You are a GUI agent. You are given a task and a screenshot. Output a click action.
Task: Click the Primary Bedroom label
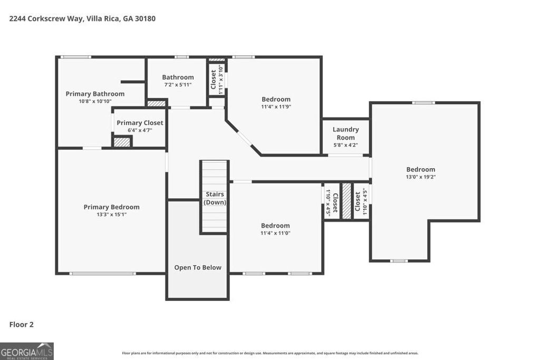[111, 207]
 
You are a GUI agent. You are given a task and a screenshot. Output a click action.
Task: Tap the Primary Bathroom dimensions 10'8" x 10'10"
[95, 101]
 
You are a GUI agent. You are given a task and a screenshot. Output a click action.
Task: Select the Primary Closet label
[140, 123]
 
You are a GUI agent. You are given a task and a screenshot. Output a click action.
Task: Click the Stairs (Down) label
[215, 198]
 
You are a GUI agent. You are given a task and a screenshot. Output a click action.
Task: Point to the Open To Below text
[198, 268]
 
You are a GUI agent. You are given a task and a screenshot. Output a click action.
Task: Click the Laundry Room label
[345, 133]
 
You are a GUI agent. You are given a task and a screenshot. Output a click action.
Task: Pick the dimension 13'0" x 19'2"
[420, 177]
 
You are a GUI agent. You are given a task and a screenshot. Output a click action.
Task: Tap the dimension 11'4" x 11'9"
[276, 106]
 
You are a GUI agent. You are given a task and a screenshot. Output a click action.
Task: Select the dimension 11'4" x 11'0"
[275, 233]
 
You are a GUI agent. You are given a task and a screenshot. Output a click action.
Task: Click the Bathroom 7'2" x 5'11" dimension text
[178, 84]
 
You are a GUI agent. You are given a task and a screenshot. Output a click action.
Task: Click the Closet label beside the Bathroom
[214, 80]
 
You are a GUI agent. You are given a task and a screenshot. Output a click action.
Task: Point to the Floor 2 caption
[22, 325]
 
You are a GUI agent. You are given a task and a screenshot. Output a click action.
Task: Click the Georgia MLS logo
[26, 351]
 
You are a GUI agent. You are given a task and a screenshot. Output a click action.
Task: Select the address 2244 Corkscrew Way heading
[82, 18]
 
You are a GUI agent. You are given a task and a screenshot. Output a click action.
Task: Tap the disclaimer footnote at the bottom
[270, 353]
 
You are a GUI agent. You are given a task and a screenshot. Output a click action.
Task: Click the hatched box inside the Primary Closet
[122, 142]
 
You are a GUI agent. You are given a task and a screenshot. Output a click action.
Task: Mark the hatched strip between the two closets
[346, 201]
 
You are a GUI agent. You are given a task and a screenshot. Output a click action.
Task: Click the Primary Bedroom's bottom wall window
[103, 273]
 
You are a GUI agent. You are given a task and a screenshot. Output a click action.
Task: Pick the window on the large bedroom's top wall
[423, 103]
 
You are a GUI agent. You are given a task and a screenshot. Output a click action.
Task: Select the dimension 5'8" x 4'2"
[345, 145]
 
